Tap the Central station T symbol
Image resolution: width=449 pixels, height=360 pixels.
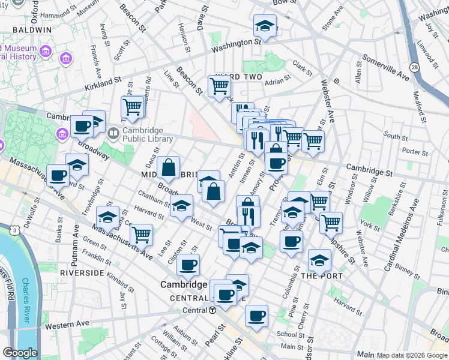tap(212, 310)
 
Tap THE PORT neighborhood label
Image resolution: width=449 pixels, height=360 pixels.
tap(321, 276)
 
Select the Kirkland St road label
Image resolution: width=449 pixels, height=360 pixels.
tap(103, 79)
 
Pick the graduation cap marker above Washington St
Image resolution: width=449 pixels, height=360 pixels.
tap(264, 26)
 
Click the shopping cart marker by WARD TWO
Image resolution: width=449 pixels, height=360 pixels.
tap(219, 86)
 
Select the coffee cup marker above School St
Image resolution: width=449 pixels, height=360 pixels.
tap(256, 315)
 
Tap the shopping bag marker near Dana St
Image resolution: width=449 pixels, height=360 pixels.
tap(169, 167)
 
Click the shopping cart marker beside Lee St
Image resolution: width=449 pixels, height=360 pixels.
tap(141, 234)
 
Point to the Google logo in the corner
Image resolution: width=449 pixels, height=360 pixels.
tap(20, 353)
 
